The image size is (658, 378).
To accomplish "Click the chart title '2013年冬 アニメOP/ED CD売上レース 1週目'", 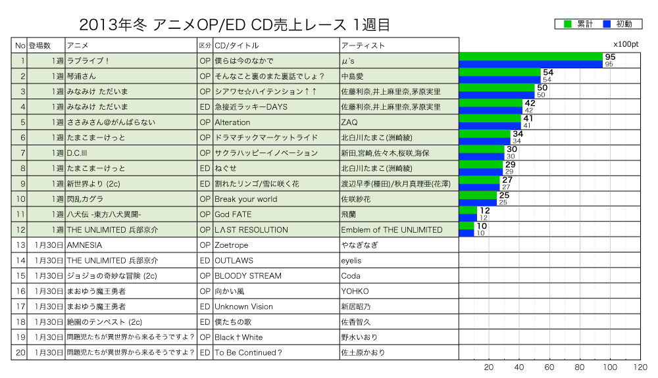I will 234,25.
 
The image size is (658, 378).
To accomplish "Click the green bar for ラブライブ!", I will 531,57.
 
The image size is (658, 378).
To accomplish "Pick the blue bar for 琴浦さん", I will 499,80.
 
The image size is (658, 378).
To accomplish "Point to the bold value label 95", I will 609,57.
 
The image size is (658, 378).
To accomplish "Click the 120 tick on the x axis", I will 640,367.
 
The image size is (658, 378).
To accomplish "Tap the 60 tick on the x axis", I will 549,367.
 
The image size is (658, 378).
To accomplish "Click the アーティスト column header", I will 363,45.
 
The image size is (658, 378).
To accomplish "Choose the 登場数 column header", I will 39,45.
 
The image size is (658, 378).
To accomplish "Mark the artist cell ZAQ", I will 349,122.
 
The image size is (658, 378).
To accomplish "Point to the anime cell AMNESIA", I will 84,245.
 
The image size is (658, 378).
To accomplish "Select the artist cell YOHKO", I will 355,291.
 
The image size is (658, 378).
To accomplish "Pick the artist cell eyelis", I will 351,260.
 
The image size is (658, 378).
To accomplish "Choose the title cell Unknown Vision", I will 243,306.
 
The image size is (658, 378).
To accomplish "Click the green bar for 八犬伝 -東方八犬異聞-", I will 468,210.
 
